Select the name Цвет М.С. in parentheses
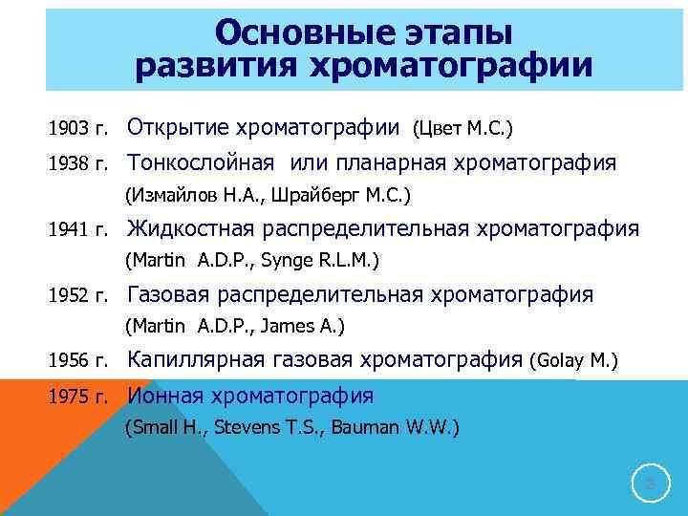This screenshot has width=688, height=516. (x=463, y=127)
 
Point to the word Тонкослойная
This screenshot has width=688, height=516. (x=202, y=163)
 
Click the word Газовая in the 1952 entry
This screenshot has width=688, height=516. (x=171, y=294)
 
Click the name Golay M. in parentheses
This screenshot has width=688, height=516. (x=579, y=361)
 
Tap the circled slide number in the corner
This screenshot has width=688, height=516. (x=651, y=485)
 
